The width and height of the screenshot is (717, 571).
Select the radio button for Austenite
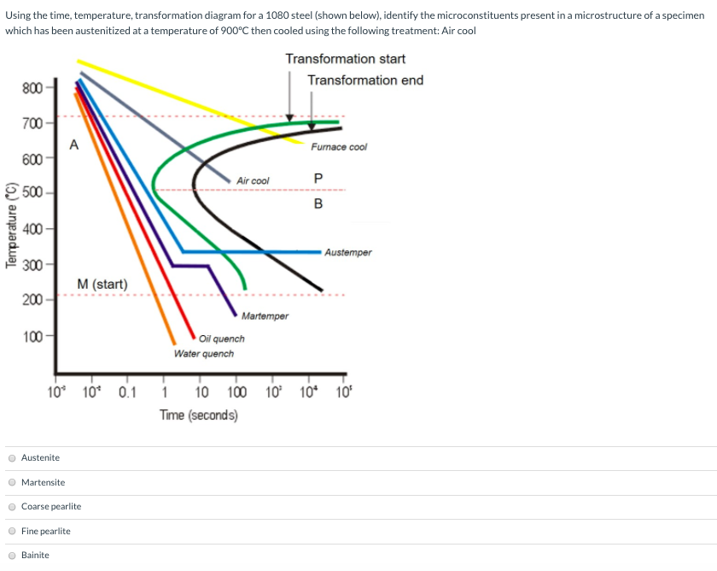12,458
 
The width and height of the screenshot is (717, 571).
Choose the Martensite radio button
12,482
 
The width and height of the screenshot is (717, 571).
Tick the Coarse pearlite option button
12,507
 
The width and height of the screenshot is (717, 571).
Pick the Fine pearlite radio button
12,531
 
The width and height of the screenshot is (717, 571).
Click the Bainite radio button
12,556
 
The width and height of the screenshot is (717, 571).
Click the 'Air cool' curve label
253,180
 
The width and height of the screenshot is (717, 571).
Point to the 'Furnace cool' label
339,147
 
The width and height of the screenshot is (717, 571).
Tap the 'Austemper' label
347,252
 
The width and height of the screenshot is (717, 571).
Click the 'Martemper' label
265,316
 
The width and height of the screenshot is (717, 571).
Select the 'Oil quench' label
222,338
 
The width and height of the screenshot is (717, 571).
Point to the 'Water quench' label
203,353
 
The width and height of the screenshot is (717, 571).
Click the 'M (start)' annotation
102,284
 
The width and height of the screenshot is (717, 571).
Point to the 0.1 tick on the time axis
126,393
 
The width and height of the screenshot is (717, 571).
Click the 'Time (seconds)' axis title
198,415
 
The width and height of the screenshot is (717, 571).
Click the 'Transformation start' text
345,59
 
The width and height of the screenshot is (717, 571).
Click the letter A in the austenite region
73,144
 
